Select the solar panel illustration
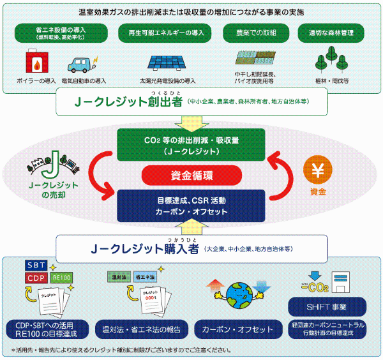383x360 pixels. (x=167, y=63)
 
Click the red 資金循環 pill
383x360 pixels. (x=192, y=175)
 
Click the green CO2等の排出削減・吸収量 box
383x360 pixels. (x=192, y=144)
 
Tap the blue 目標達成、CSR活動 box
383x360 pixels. (x=192, y=205)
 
